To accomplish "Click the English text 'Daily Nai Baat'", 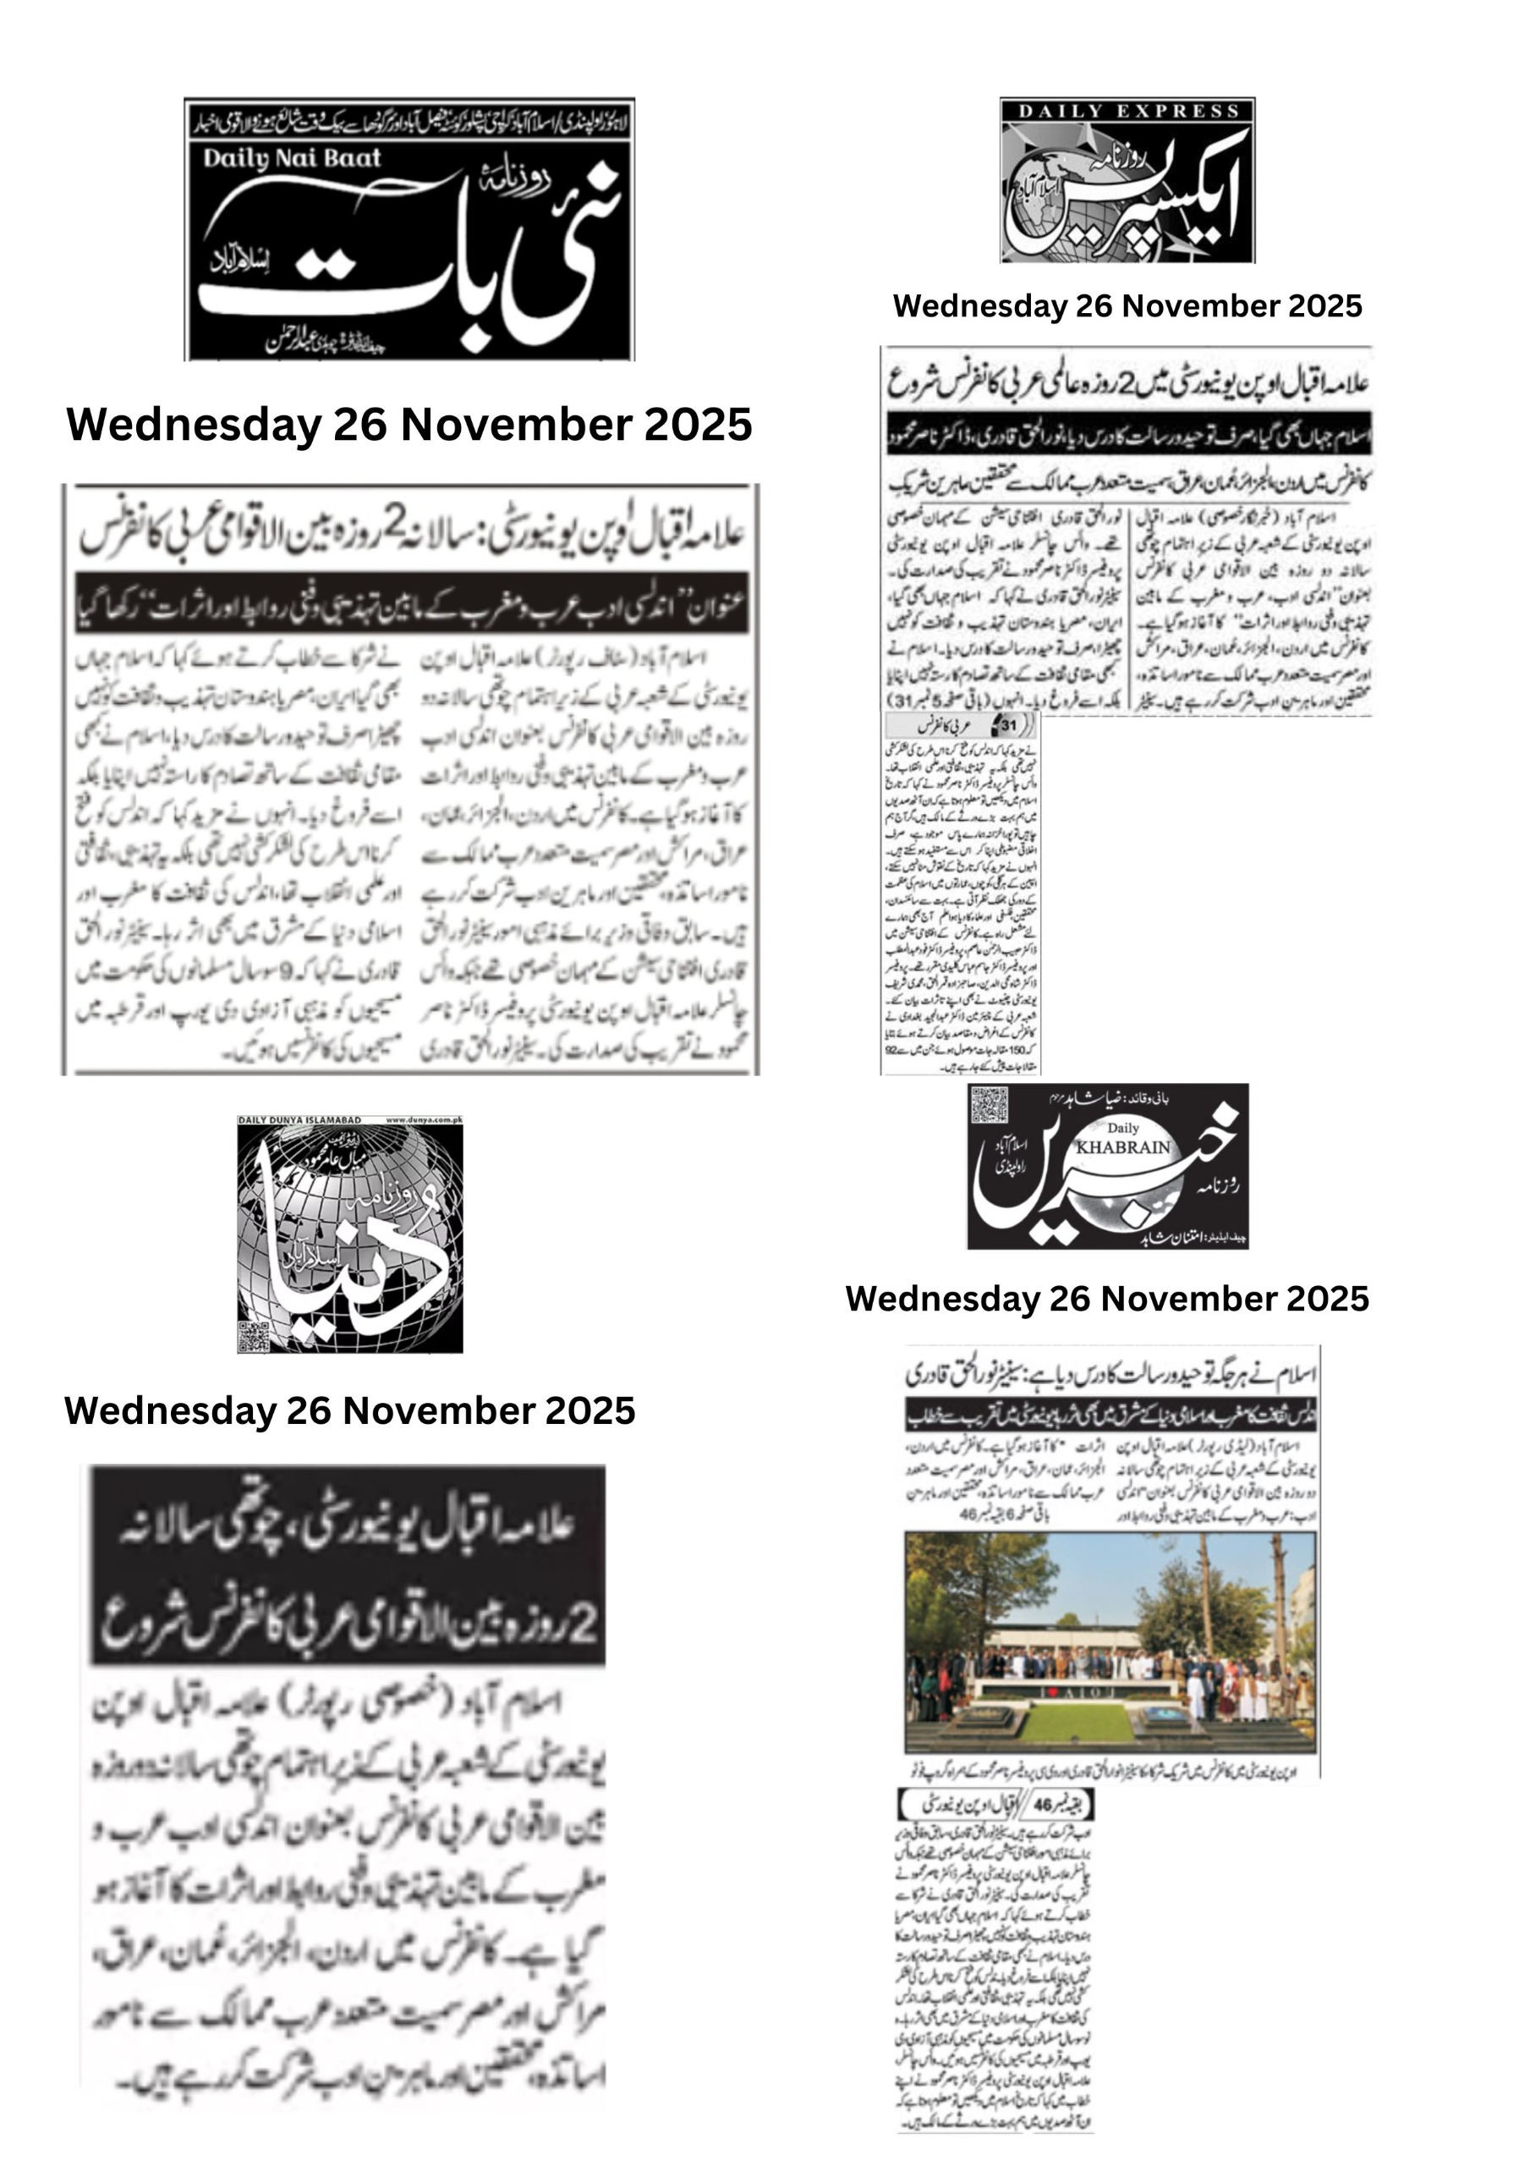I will [x=292, y=158].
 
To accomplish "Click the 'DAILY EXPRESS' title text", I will [x=1128, y=112].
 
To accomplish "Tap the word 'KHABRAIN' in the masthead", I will [x=1122, y=1147].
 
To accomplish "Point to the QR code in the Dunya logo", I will [x=254, y=1336].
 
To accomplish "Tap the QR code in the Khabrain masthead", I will [x=988, y=1104].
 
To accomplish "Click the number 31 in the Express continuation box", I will [x=1007, y=725].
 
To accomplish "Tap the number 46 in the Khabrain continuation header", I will [x=1042, y=1804].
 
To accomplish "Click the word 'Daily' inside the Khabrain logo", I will [x=1122, y=1129].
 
